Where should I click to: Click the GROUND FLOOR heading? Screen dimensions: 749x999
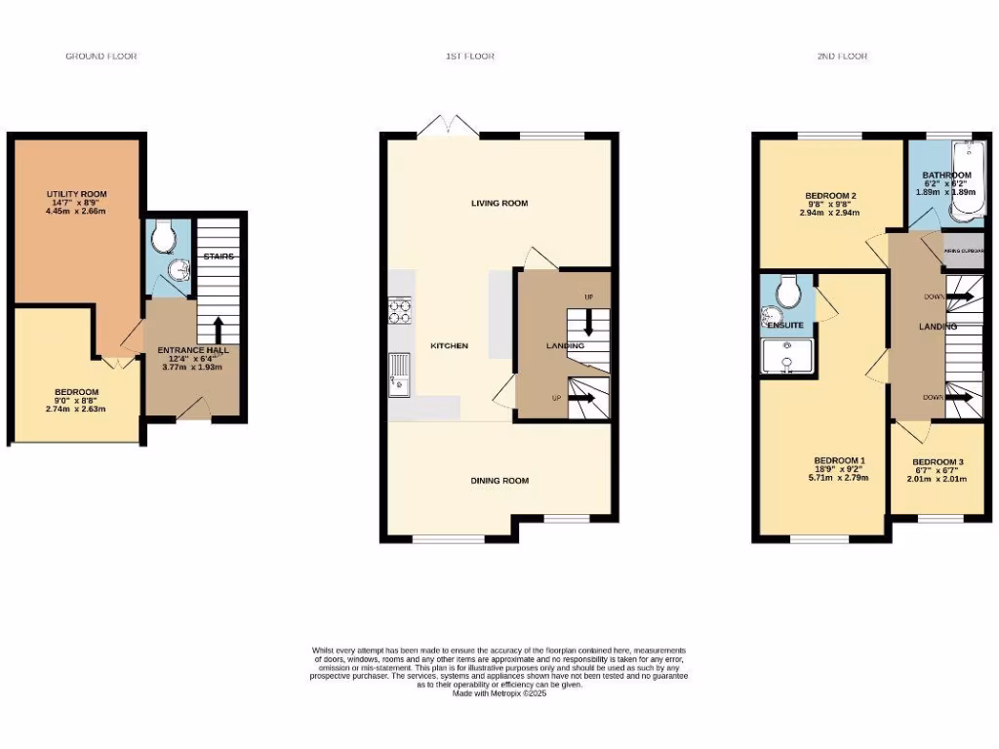click(101, 57)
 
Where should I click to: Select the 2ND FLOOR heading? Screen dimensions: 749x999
click(842, 57)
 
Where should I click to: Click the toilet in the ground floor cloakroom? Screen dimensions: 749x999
click(163, 234)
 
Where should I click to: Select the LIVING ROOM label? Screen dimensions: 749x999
click(499, 203)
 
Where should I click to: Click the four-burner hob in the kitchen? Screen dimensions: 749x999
click(401, 311)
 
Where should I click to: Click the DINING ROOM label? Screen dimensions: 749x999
click(499, 480)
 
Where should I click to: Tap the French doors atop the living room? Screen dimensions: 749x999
click(449, 126)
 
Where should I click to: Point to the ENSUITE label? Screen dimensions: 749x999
click(785, 323)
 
